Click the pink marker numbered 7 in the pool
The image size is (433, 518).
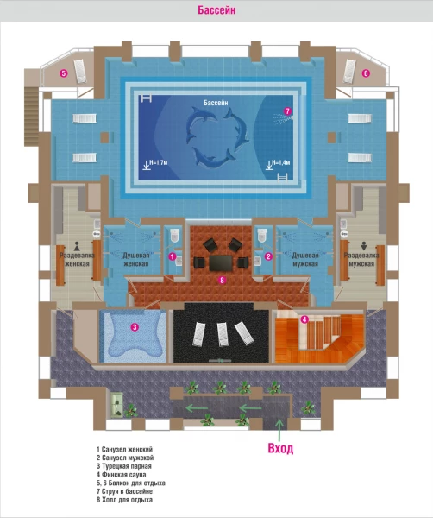287,111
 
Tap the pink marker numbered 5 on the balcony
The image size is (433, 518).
64,73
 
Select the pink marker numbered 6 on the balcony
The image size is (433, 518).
366,73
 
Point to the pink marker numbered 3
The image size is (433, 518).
135,327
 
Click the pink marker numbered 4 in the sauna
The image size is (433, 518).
304,319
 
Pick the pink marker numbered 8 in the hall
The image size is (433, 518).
223,280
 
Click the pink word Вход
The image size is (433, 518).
280,448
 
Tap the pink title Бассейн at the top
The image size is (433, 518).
216,10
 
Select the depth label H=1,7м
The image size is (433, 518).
159,162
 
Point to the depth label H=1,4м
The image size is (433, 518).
281,162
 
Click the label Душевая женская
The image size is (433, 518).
136,260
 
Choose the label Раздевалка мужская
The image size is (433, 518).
361,260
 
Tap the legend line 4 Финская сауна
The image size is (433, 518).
121,475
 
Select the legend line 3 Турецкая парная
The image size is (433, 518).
123,466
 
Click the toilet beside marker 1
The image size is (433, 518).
174,235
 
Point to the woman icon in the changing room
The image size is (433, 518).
77,246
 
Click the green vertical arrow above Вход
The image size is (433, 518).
279,430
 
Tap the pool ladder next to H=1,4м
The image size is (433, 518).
282,177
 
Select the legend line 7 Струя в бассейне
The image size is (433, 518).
124,491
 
